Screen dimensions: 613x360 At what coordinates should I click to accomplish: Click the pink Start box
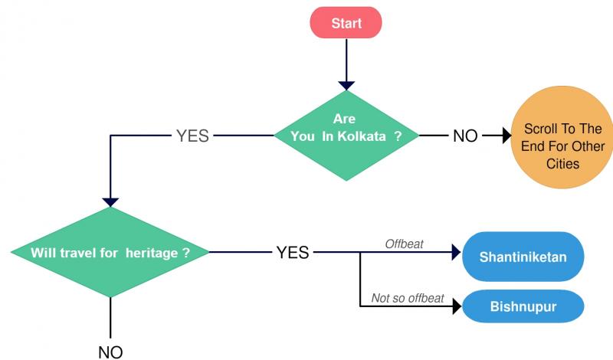(x=346, y=23)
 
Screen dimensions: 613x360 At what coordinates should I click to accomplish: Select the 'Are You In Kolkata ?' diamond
(x=346, y=136)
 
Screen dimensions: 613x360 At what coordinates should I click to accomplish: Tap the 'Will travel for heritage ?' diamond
(x=110, y=252)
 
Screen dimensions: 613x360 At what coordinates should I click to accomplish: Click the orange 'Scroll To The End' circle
(x=562, y=137)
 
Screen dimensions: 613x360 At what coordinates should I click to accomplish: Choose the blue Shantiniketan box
(x=523, y=257)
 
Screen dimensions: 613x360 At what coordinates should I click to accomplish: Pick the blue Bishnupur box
(x=523, y=306)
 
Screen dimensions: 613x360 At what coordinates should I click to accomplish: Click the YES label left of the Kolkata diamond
(x=192, y=136)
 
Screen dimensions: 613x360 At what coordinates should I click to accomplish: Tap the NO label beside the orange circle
(x=465, y=136)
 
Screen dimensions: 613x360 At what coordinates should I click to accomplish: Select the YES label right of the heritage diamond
(x=293, y=253)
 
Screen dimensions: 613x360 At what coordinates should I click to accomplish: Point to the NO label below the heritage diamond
(x=110, y=352)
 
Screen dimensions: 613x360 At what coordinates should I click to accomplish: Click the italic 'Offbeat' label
(x=405, y=244)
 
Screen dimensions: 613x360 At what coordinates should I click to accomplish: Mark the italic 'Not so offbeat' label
(x=408, y=298)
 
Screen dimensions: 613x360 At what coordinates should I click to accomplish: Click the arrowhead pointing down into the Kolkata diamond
(x=346, y=85)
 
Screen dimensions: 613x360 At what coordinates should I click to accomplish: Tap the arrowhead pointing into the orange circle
(x=507, y=136)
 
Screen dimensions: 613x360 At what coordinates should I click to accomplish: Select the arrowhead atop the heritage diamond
(x=110, y=202)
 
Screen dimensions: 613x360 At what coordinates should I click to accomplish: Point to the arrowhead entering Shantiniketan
(x=456, y=252)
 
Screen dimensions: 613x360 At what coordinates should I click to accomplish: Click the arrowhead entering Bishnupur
(x=457, y=306)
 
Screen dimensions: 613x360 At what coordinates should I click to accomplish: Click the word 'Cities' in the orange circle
(x=562, y=163)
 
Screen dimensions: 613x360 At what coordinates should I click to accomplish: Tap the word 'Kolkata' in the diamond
(x=362, y=136)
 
